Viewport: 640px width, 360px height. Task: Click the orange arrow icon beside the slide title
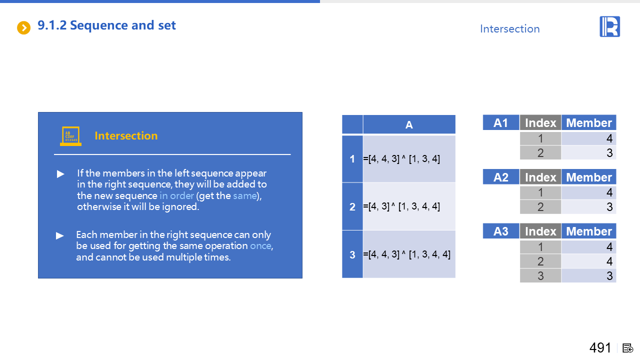click(x=23, y=27)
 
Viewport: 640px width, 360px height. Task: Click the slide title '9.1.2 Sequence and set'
click(x=106, y=25)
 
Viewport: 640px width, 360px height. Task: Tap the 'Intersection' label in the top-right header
click(x=509, y=29)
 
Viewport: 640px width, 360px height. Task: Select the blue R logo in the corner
click(x=609, y=26)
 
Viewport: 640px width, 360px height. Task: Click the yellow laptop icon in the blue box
click(x=70, y=136)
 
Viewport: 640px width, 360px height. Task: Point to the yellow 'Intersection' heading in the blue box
click(x=126, y=135)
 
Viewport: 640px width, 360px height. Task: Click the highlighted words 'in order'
click(x=176, y=195)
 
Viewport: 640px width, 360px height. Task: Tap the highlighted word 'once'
click(x=261, y=245)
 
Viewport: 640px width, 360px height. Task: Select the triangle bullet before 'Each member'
click(x=59, y=235)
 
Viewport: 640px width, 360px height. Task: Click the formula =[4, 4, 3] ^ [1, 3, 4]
click(x=401, y=158)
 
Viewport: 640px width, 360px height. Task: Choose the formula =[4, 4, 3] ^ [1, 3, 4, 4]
click(x=406, y=254)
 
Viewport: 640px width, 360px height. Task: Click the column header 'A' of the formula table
click(x=409, y=125)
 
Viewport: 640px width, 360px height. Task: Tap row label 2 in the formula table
click(x=352, y=206)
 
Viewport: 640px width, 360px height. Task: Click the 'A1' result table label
click(x=501, y=123)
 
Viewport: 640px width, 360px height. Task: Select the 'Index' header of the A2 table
click(x=540, y=177)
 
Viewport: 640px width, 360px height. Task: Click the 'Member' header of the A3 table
click(x=589, y=231)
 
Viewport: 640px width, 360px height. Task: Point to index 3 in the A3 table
click(x=540, y=275)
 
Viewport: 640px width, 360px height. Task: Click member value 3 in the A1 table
click(x=609, y=153)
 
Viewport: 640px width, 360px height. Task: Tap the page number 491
click(x=600, y=347)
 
